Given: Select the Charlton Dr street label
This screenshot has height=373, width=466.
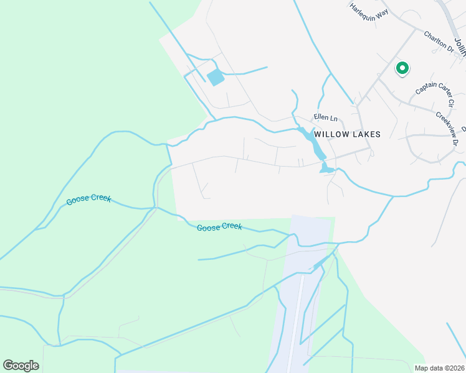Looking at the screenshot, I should [439, 42].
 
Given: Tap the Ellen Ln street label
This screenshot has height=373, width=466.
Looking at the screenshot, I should [325, 117].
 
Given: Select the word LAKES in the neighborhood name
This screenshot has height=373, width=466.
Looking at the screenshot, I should [364, 134].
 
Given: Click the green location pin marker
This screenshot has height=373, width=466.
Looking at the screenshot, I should [402, 68].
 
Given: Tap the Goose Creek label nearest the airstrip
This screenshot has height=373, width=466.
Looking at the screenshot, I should [219, 227].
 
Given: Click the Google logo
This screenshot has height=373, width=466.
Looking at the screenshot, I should [21, 366].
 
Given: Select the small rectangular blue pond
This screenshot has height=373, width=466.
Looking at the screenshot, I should [216, 78].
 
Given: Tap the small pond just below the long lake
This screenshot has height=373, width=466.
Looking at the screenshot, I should [326, 168].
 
